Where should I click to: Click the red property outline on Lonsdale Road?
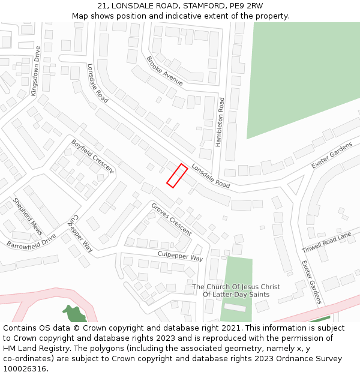tap(177, 175)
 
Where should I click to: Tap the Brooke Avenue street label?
tap(164, 70)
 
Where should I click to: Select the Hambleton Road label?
tap(221, 122)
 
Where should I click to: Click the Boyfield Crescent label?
tap(92, 156)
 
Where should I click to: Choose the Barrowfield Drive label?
tap(31, 241)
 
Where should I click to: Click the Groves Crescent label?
tap(172, 219)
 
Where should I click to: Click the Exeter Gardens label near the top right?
tap(332, 155)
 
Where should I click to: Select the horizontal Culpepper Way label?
tap(181, 256)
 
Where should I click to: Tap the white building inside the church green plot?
tap(235, 307)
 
